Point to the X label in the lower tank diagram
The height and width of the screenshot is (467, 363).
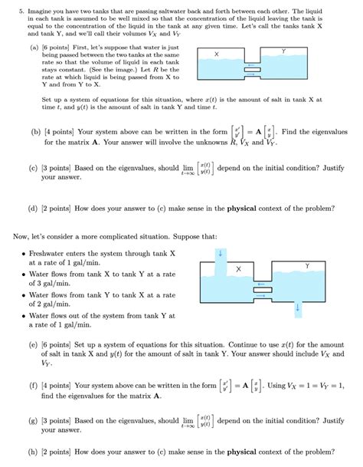point(238,269)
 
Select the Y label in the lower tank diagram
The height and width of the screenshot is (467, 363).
point(307,265)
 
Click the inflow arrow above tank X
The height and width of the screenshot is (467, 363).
point(221,254)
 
